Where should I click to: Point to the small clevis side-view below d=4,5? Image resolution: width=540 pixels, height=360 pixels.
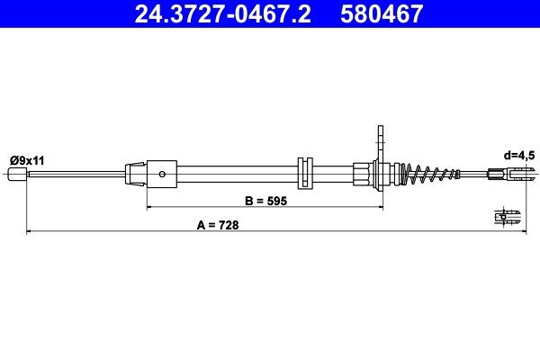click(507, 216)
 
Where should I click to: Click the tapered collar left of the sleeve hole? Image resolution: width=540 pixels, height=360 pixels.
click(134, 172)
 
